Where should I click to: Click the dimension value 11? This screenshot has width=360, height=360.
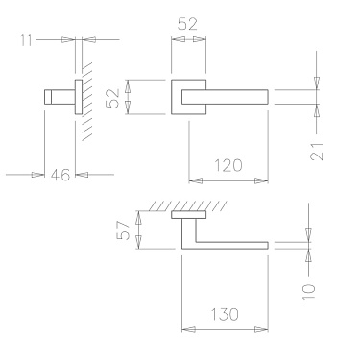coord(26,40)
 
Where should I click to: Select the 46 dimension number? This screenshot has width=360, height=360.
coord(59,175)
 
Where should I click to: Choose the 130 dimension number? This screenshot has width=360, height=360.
coord(225,313)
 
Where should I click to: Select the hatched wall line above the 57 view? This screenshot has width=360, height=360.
coord(187,208)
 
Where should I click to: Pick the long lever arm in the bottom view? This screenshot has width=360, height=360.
coord(230,246)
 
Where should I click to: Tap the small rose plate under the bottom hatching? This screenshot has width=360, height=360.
coord(187,217)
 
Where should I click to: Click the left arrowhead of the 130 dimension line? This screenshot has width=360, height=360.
coord(185,329)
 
